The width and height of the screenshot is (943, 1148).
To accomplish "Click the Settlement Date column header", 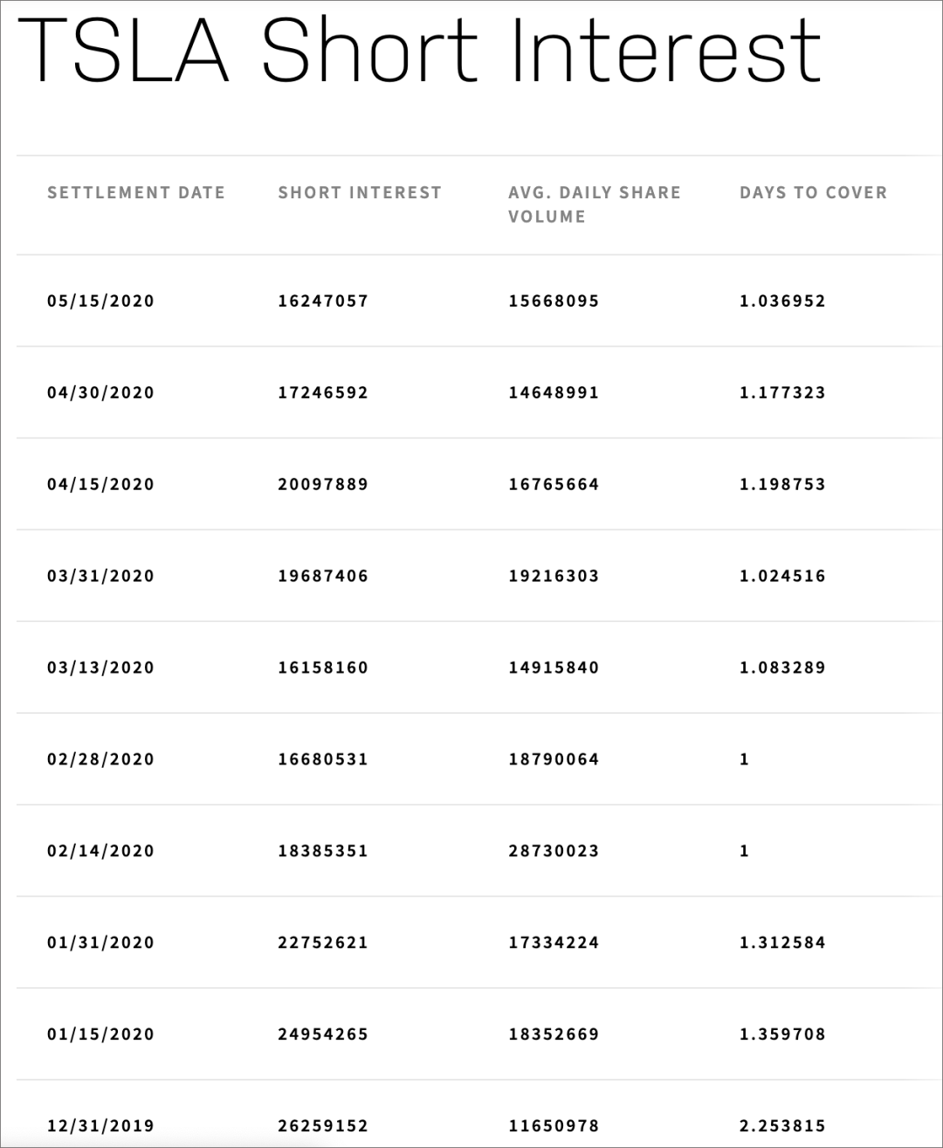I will click(136, 192).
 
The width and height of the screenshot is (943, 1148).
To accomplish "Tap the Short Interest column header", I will click(360, 192).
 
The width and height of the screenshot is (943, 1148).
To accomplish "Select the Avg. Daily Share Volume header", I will click(594, 204).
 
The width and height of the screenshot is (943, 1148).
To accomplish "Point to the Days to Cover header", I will click(813, 192).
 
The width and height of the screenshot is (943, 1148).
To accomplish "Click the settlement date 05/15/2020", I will click(100, 301).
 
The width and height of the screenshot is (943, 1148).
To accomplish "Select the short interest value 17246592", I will click(323, 393).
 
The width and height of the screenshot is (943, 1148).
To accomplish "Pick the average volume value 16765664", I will click(554, 485).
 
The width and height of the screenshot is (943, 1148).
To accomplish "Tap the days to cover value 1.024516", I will click(782, 577).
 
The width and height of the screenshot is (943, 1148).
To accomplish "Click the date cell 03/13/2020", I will click(100, 668).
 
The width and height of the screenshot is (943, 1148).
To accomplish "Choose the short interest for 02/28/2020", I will click(323, 760).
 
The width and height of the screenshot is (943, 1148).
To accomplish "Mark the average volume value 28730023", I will click(554, 852).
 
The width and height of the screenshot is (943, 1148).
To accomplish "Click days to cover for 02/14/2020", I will click(745, 852).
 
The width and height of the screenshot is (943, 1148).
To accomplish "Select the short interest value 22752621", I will click(323, 944).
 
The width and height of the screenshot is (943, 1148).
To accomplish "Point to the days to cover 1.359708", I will click(782, 1035).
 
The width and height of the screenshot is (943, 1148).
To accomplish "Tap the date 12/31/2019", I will click(100, 1126).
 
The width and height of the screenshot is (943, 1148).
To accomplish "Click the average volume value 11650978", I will click(554, 1126).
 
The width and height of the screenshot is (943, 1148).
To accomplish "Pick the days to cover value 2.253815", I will click(782, 1126).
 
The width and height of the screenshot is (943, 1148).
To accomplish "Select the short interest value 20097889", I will click(323, 485).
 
